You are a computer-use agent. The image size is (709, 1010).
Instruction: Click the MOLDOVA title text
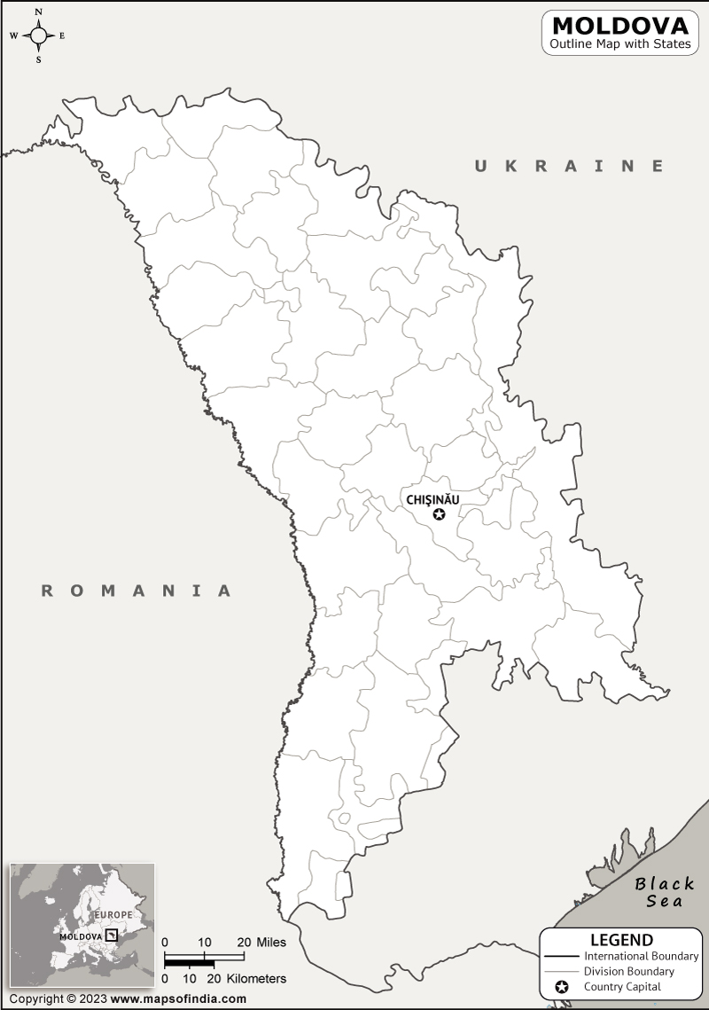pyautogui.click(x=619, y=25)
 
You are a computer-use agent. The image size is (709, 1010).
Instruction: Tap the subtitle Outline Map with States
pyautogui.click(x=619, y=44)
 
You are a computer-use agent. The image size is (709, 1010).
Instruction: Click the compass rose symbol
pyautogui.click(x=39, y=35)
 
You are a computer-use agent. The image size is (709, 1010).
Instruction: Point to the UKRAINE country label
pyautogui.click(x=569, y=166)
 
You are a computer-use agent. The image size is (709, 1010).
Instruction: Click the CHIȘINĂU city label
pyautogui.click(x=432, y=499)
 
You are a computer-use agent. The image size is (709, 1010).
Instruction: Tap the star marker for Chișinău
pyautogui.click(x=439, y=514)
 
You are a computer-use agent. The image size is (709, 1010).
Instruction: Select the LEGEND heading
pyautogui.click(x=621, y=940)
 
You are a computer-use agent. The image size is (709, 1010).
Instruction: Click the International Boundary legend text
pyautogui.click(x=641, y=956)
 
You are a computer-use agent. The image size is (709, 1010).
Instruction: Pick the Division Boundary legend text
pyautogui.click(x=629, y=971)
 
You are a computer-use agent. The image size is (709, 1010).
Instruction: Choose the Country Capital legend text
pyautogui.click(x=622, y=987)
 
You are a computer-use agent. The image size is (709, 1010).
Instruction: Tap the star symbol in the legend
pyautogui.click(x=561, y=987)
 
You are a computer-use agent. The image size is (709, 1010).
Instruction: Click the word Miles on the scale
pyautogui.click(x=271, y=942)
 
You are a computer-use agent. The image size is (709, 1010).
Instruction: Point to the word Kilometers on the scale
pyautogui.click(x=257, y=979)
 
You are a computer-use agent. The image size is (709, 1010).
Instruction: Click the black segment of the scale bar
pyautogui.click(x=190, y=962)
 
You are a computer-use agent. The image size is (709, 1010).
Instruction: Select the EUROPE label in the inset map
pyautogui.click(x=113, y=914)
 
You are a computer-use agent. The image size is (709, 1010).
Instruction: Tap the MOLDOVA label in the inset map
pyautogui.click(x=81, y=936)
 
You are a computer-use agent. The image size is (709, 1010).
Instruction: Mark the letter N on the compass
pyautogui.click(x=39, y=12)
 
